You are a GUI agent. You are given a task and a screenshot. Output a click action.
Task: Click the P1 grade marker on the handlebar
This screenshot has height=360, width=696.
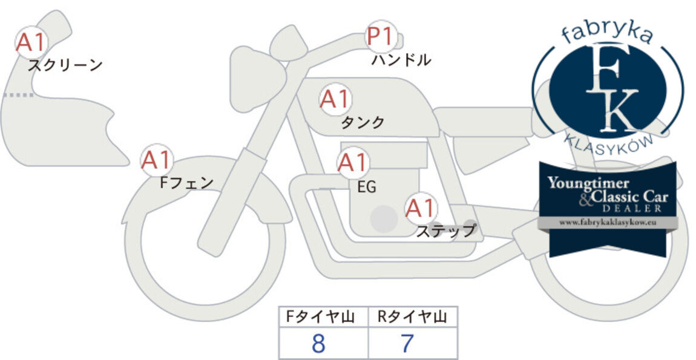pyautogui.click(x=381, y=37)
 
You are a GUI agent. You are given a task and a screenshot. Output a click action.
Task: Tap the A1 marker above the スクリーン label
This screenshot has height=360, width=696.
pyautogui.click(x=31, y=42)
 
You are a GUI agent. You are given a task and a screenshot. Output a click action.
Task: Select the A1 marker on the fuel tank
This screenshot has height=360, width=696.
pyautogui.click(x=335, y=99)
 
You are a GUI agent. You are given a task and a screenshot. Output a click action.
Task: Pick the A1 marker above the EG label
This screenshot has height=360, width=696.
pyautogui.click(x=352, y=163)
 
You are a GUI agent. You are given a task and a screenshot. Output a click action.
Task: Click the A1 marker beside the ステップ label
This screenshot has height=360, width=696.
pyautogui.click(x=421, y=208)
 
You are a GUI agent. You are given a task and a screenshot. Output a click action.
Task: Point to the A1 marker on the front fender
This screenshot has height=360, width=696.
pyautogui.click(x=156, y=160)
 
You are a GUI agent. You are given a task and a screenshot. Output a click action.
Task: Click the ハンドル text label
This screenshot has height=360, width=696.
pyautogui.click(x=401, y=60)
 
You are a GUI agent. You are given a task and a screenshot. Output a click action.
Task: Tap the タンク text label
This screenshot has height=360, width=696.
pyautogui.click(x=363, y=122)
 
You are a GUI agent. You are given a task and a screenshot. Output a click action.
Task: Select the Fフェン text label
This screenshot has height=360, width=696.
pyautogui.click(x=187, y=183)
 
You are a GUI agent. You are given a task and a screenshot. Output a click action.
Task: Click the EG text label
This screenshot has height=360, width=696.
pyautogui.click(x=367, y=188)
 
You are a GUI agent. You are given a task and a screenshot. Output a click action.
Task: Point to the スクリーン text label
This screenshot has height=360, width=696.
pyautogui.click(x=65, y=66)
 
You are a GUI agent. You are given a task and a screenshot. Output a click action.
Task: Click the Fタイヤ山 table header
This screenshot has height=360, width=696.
pyautogui.click(x=320, y=317)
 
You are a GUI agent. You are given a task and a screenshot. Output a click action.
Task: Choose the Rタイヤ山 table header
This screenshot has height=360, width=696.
pyautogui.click(x=412, y=317)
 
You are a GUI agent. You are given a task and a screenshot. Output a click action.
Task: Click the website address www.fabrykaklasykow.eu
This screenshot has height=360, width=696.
pyautogui.click(x=608, y=223)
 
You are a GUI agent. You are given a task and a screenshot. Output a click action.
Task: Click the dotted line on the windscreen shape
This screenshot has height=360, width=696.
pyautogui.click(x=18, y=95)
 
